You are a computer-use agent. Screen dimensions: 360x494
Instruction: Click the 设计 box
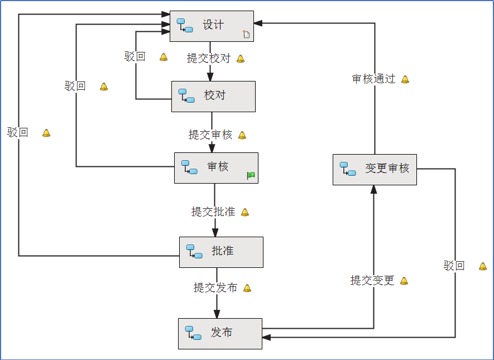[212, 26]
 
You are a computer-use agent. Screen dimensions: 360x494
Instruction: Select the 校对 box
[213, 96]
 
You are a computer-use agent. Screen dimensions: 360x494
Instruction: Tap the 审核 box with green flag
[216, 167]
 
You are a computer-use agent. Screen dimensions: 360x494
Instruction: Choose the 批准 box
[221, 252]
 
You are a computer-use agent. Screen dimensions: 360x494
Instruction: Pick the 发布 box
[220, 333]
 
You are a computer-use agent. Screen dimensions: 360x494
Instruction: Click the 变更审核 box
[375, 169]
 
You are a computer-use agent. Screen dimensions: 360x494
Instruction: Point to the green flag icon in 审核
[251, 176]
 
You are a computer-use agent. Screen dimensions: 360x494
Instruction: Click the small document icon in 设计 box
[246, 35]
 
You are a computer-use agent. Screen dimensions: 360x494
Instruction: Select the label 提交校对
[208, 59]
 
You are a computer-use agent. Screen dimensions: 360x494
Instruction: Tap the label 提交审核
[210, 135]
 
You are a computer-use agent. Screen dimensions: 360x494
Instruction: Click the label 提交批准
[213, 212]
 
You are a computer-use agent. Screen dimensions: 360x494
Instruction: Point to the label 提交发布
[215, 287]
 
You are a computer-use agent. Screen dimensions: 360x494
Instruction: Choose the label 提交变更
[372, 280]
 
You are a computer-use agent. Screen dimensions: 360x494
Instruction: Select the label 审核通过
[373, 79]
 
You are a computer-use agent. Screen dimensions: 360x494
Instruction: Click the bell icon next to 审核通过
[405, 79]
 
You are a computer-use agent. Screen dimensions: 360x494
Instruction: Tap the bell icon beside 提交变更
[404, 281]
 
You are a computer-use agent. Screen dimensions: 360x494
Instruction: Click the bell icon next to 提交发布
[247, 288]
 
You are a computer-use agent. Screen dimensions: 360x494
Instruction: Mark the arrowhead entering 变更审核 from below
[374, 190]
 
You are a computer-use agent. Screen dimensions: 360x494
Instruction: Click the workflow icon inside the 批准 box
[194, 252]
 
